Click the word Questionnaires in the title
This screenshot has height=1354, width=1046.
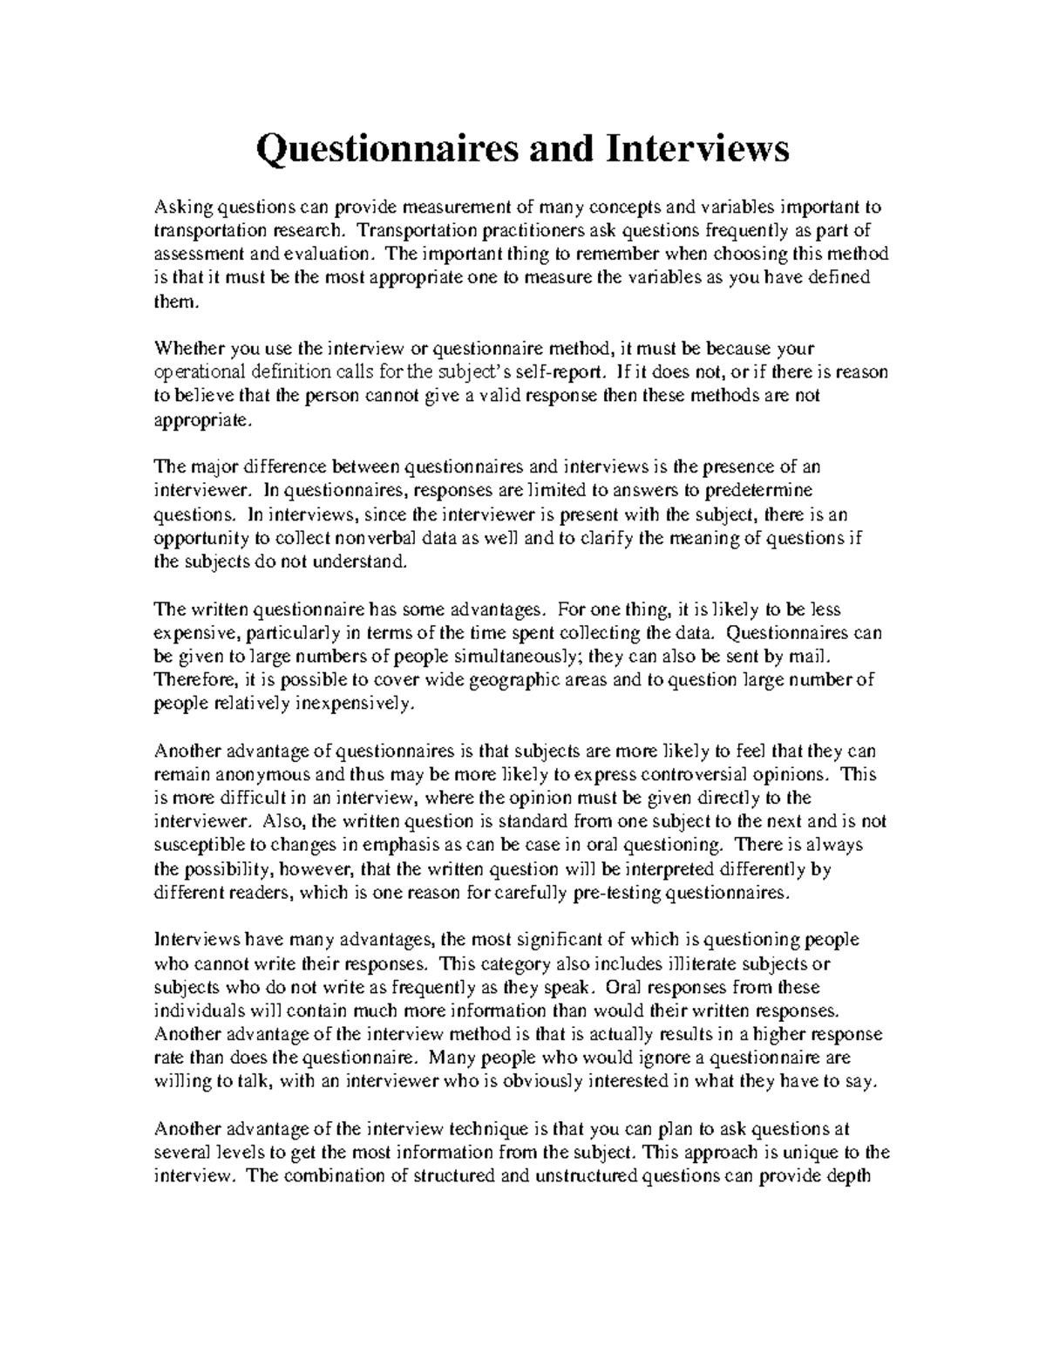[387, 150]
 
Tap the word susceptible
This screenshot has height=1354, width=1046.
[197, 845]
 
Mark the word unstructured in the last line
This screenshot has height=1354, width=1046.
[572, 1175]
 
